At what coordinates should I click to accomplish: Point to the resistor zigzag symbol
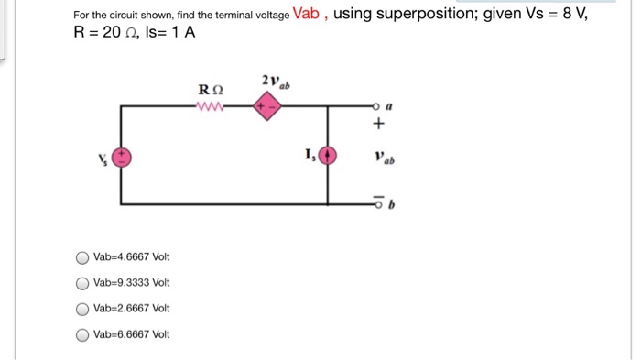coord(210,106)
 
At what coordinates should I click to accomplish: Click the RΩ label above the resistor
coord(210,90)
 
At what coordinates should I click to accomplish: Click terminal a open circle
coord(374,106)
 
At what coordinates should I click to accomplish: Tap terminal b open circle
coord(374,203)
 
